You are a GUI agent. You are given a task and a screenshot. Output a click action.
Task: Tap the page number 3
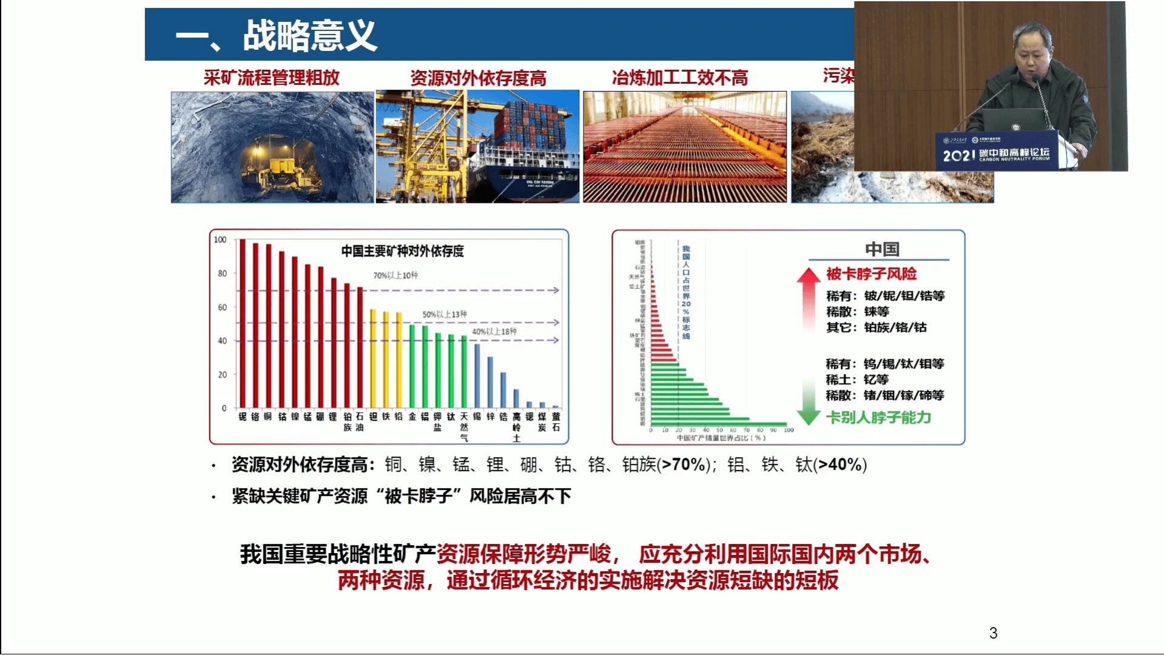click(x=993, y=633)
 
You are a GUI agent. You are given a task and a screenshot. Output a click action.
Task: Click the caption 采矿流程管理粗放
click(x=271, y=78)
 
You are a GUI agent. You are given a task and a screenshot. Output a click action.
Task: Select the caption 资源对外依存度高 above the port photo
click(x=478, y=78)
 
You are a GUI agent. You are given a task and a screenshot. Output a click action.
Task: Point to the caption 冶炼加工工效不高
click(x=679, y=78)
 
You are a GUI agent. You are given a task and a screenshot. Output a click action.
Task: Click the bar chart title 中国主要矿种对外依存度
click(x=402, y=251)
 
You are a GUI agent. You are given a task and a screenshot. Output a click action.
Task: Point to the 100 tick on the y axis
click(x=220, y=240)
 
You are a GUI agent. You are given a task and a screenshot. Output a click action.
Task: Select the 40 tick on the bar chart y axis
click(x=222, y=341)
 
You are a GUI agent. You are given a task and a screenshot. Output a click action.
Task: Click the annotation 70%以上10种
click(x=395, y=276)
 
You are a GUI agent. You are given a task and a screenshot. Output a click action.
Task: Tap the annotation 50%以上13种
click(x=444, y=314)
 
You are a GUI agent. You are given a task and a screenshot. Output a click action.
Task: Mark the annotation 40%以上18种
click(x=494, y=331)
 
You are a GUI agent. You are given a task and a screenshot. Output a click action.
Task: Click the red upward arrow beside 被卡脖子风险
click(x=808, y=297)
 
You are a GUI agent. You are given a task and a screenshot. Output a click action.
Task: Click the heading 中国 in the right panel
click(x=882, y=249)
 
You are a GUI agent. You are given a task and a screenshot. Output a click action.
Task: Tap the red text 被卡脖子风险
click(x=871, y=274)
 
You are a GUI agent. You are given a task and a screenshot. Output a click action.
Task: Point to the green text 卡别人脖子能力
click(x=878, y=418)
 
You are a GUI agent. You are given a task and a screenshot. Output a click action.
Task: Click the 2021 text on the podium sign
click(x=958, y=156)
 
